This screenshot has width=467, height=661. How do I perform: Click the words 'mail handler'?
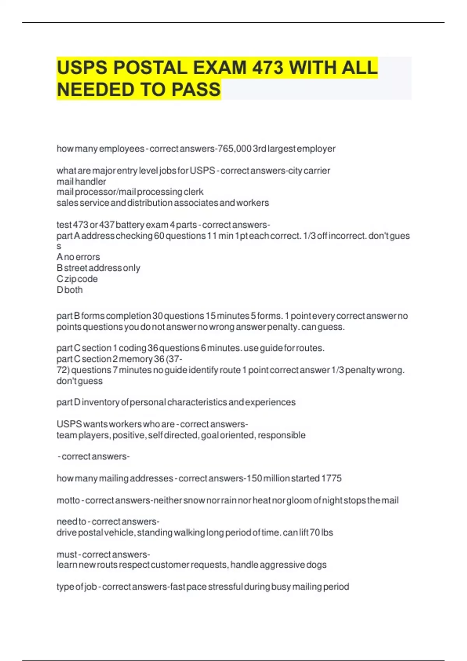[x=81, y=181]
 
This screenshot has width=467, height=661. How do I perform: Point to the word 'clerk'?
[x=194, y=192]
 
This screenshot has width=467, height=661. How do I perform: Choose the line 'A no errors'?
[x=78, y=257]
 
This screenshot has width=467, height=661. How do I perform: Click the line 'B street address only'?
[x=98, y=268]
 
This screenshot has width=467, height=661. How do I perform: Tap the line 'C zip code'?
[x=77, y=279]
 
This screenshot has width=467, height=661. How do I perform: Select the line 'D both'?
[x=70, y=290]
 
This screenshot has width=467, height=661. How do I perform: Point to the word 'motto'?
[x=68, y=500]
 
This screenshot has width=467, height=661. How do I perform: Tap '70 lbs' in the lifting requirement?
[x=321, y=532]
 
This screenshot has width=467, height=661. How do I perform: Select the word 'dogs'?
[x=316, y=565]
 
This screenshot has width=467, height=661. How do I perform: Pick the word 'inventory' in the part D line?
[x=100, y=402]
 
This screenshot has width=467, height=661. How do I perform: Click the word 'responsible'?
[x=281, y=435]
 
